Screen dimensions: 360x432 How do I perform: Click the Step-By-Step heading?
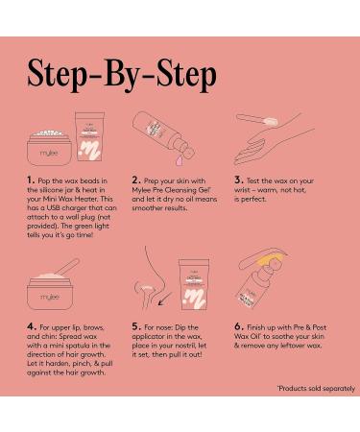122,75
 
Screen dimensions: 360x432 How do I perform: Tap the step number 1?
30,180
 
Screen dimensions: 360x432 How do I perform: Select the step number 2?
135,180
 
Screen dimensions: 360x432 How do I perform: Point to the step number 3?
238,180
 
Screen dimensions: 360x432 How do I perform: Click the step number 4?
31,326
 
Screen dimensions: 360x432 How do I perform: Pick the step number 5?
136,326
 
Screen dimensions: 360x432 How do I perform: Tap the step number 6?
239,326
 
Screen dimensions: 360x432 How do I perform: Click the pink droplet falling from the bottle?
180,160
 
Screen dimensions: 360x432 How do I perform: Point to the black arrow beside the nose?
165,299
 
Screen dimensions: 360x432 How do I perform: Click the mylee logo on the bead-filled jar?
49,153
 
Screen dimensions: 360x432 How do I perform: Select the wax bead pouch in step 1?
89,136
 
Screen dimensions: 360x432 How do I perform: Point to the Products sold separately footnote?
316,389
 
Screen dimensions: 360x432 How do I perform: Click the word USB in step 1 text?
54,207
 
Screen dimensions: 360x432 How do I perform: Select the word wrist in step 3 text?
242,190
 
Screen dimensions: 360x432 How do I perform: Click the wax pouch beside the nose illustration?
194,284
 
